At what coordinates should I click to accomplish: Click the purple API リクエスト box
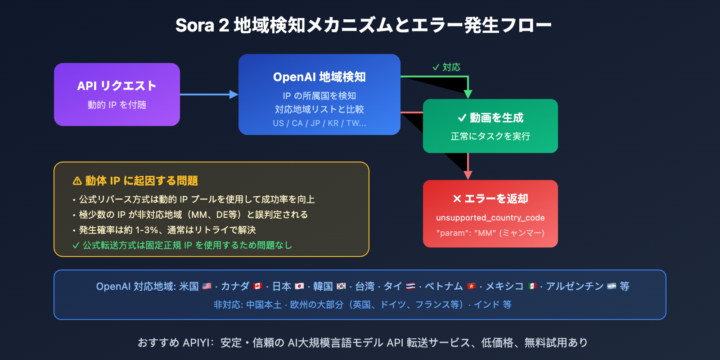[x=117, y=94]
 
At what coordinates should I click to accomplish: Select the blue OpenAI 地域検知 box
[x=319, y=94]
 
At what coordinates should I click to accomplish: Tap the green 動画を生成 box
[x=490, y=126]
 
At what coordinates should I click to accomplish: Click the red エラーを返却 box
[x=490, y=213]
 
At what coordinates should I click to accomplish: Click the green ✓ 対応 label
[x=446, y=67]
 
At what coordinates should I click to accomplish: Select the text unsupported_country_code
[x=490, y=218]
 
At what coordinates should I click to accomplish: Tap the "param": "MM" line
[x=490, y=233]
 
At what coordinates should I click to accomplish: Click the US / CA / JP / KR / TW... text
[x=319, y=123]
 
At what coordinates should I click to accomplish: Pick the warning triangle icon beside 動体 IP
[x=77, y=181]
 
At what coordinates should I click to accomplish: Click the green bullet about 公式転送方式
[x=182, y=245]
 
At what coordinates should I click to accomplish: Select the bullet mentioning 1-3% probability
[x=164, y=230]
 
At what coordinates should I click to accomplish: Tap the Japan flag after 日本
[x=299, y=286]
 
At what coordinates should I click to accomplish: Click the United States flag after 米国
[x=207, y=286]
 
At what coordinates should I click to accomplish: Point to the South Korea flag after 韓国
[x=341, y=286]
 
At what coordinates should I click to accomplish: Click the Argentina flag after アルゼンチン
[x=612, y=286]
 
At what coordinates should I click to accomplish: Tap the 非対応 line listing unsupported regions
[x=362, y=305]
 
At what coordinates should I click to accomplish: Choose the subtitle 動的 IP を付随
[x=117, y=105]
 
